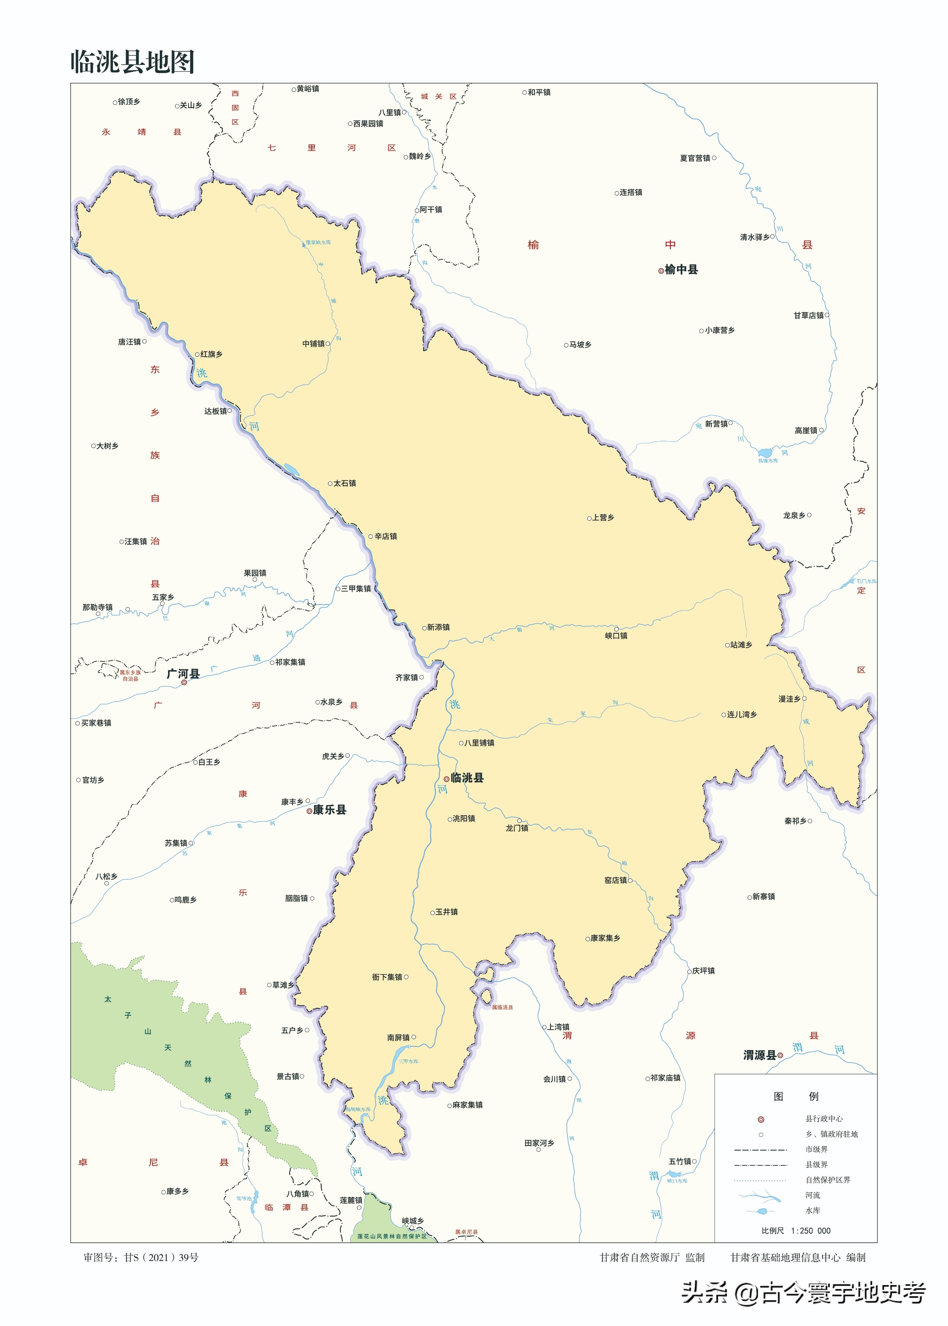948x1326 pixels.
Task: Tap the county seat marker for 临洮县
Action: tap(446, 778)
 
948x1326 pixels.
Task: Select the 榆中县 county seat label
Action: tap(681, 270)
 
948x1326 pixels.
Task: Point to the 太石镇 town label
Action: tap(344, 483)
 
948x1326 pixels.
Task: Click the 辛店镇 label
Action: tap(385, 536)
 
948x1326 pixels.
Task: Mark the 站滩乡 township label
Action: tap(741, 645)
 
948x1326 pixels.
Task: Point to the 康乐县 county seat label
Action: tap(330, 810)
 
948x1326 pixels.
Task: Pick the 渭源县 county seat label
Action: tap(760, 1055)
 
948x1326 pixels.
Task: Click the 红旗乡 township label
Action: tap(211, 354)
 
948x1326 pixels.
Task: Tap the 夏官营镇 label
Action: tap(695, 158)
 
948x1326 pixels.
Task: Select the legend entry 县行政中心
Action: tap(824, 1119)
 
